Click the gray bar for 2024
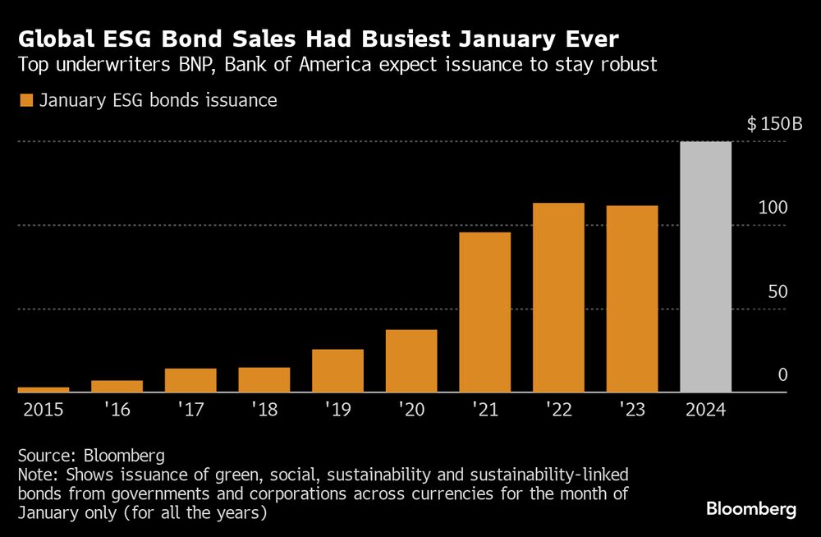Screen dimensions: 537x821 click(706, 267)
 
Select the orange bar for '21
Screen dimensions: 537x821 click(484, 312)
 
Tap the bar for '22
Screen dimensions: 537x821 click(558, 297)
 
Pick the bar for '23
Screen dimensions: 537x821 click(632, 299)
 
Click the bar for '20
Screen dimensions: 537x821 click(410, 361)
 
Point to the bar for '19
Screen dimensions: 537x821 click(337, 371)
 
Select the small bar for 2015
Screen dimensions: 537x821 click(43, 389)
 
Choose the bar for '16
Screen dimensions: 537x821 click(117, 386)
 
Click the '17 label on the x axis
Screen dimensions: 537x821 click(190, 408)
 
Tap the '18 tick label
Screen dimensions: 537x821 click(264, 408)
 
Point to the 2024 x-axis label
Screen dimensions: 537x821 click(705, 408)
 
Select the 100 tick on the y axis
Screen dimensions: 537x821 click(773, 208)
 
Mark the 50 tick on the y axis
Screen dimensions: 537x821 click(777, 292)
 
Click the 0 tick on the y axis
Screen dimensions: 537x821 click(782, 375)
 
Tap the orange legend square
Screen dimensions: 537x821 click(25, 101)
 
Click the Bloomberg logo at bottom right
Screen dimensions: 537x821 click(751, 509)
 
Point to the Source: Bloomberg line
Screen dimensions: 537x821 click(91, 456)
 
